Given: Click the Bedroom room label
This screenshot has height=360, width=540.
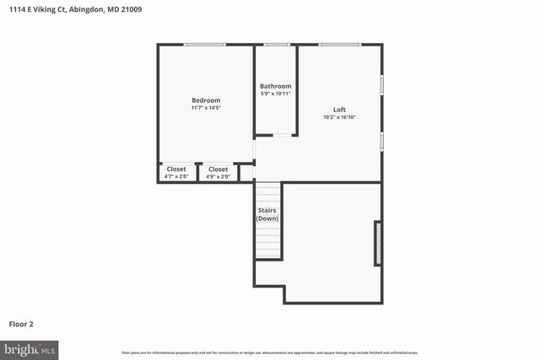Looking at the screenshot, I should [x=205, y=100].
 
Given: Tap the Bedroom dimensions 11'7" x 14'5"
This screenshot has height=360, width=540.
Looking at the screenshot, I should [x=205, y=108].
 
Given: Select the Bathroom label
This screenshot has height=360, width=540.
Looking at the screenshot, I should [x=275, y=86].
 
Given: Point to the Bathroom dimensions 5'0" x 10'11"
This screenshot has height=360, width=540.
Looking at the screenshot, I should [x=275, y=93].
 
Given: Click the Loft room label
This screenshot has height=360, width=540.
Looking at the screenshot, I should [x=339, y=110].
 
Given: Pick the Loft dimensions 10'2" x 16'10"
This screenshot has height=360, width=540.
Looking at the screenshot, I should [x=339, y=117].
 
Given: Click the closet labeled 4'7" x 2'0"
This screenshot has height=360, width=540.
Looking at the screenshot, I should [x=176, y=173].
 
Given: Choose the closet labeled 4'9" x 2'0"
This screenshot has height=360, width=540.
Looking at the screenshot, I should [x=218, y=173].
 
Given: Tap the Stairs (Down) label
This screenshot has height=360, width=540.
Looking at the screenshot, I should [x=267, y=215].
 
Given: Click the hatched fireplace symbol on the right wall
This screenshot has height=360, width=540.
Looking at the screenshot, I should [x=378, y=244].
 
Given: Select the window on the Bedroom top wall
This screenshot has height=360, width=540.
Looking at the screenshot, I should [x=205, y=45].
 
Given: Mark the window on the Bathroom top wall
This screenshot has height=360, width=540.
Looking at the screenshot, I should [x=275, y=45].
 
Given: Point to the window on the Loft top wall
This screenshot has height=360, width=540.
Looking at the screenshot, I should [x=339, y=45].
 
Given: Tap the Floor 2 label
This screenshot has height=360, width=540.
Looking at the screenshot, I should [x=21, y=323].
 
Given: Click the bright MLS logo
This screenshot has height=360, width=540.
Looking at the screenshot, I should [x=30, y=348].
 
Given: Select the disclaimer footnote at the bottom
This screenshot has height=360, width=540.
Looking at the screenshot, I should [x=269, y=352].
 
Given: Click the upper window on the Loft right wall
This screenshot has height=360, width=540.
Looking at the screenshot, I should [x=382, y=86].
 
